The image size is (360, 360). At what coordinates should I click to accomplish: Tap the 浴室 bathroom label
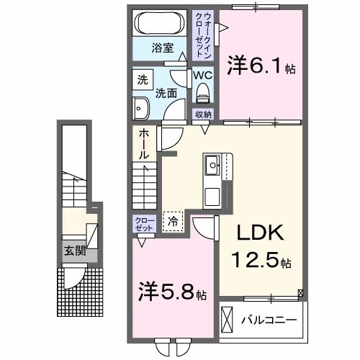(161, 48)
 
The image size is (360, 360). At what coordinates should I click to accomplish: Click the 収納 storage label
(202, 114)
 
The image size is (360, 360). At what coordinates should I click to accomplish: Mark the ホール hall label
(143, 144)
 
